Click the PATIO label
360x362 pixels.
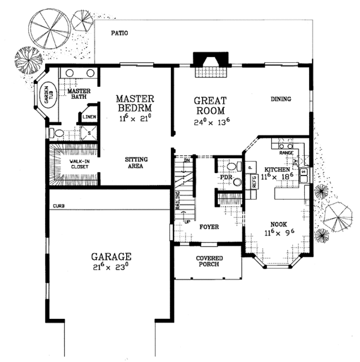(x=121, y=34)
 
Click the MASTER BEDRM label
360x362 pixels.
(x=136, y=102)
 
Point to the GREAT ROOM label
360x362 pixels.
(x=209, y=105)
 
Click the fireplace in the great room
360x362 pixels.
(x=209, y=62)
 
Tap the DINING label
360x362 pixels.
(x=281, y=99)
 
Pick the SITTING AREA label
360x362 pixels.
(x=136, y=163)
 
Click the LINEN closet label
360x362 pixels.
(x=89, y=117)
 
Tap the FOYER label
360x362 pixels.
(x=209, y=227)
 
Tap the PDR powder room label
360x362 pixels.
(x=226, y=178)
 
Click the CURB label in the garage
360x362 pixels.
(x=58, y=206)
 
